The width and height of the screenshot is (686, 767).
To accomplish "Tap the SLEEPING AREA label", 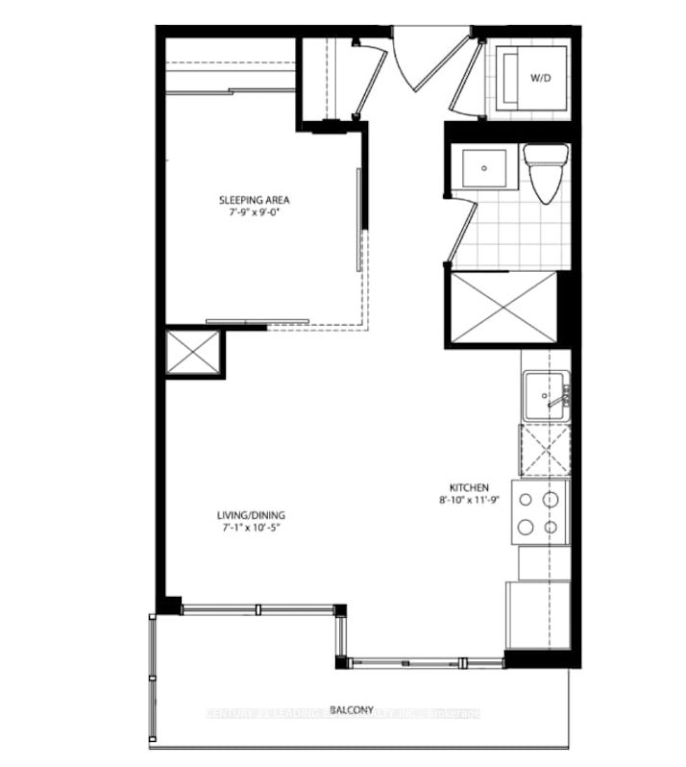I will tap(254, 200).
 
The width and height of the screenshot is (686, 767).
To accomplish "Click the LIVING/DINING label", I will tap(251, 514).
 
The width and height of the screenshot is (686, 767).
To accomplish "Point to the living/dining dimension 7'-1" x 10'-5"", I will tap(251, 528).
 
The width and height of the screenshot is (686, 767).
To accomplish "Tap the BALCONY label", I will tap(351, 709).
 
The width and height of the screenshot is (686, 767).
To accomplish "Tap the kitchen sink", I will tap(546, 396).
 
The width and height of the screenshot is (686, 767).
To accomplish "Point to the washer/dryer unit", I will tap(534, 79).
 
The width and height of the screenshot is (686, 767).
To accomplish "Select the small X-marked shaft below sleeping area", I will tap(192, 352).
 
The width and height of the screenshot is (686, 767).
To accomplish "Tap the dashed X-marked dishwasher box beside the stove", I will tap(544, 450).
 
